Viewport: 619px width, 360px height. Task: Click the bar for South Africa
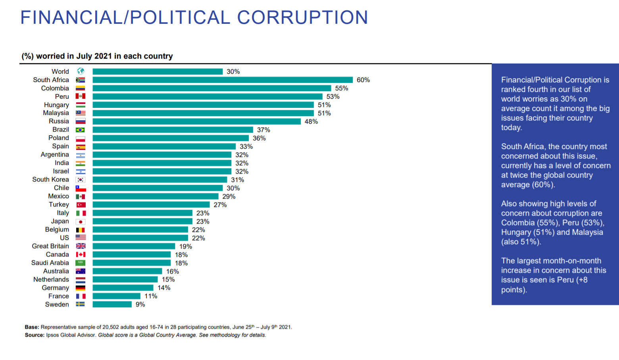[x=222, y=80]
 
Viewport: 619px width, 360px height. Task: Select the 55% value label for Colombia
[x=341, y=88]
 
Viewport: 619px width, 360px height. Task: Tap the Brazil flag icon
[x=81, y=130]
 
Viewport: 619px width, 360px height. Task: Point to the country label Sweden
[x=57, y=304]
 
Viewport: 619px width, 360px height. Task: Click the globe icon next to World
[x=81, y=71]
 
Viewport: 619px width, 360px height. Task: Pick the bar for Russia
[x=196, y=122]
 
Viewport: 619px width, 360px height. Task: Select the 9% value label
[x=140, y=304]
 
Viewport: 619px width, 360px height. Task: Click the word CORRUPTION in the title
[x=302, y=17]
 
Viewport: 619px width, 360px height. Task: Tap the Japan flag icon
[x=81, y=222]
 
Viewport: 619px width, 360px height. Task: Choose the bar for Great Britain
[x=134, y=247]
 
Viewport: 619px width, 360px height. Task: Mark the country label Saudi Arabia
[x=50, y=263]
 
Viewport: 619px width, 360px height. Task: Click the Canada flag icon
[x=81, y=255]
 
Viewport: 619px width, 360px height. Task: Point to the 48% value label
[x=311, y=122]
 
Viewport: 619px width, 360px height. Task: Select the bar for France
[x=116, y=296]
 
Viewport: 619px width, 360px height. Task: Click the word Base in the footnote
[x=31, y=327]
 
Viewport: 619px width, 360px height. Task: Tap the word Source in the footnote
[x=34, y=335]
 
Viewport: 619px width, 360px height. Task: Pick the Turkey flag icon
[x=81, y=205]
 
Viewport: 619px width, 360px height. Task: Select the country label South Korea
[x=50, y=180]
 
